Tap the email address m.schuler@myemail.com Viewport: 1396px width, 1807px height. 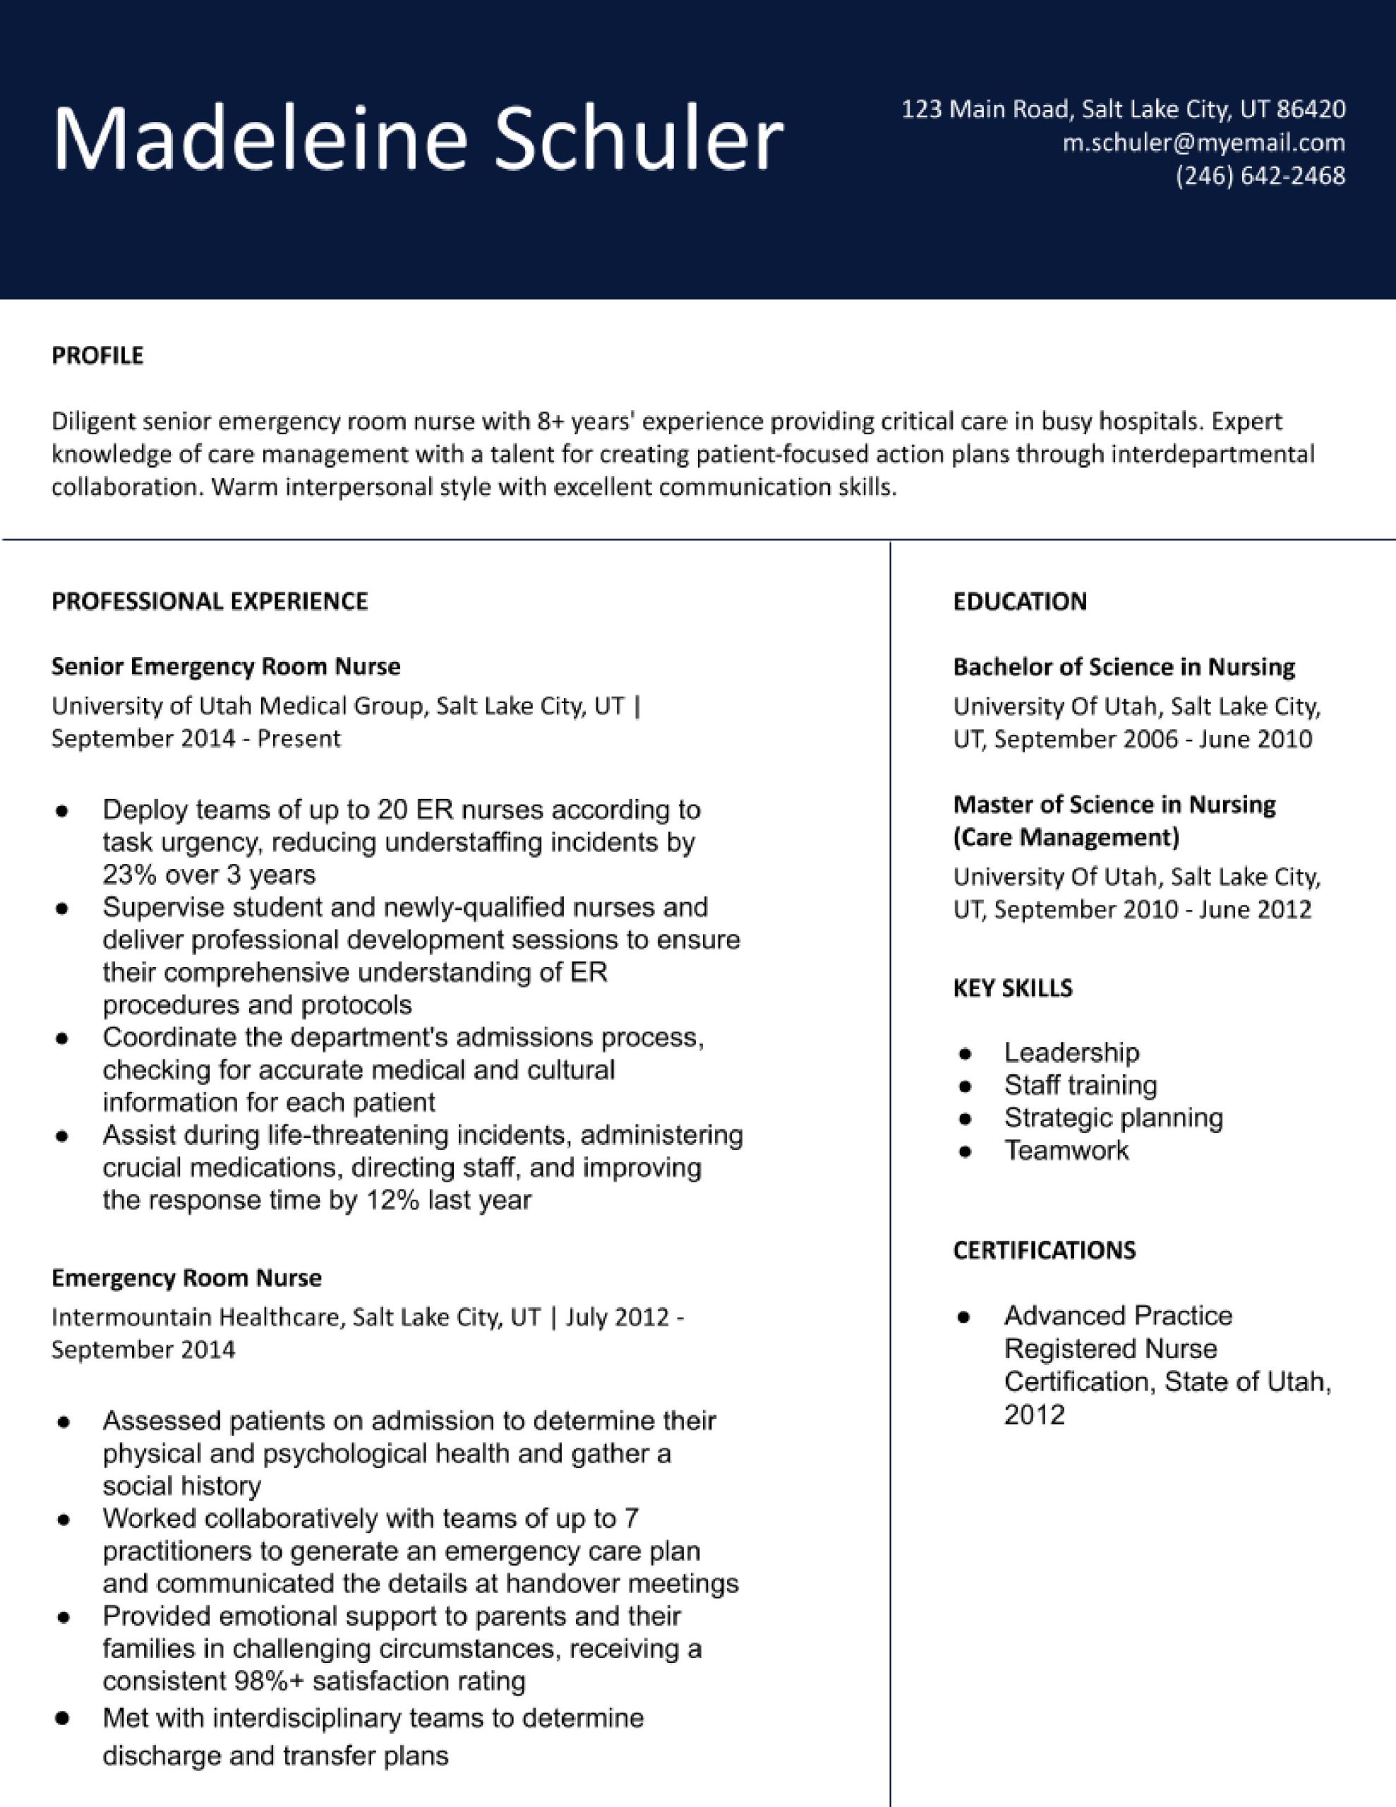(x=1203, y=143)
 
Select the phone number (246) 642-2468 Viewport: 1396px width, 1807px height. (x=1260, y=176)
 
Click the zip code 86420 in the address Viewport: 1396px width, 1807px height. (x=1311, y=109)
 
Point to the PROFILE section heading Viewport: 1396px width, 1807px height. (x=97, y=356)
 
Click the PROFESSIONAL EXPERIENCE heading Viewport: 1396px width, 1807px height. (x=210, y=601)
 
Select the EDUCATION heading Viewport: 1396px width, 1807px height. (x=1020, y=601)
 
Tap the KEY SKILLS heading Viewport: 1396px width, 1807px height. (x=1012, y=988)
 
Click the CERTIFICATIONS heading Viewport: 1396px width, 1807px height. (x=1044, y=1250)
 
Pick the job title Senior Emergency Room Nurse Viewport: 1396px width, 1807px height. (x=226, y=667)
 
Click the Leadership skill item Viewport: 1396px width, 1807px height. (x=1071, y=1052)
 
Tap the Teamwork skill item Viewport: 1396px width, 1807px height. (x=1066, y=1150)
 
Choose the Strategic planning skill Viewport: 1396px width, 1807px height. (x=1113, y=1118)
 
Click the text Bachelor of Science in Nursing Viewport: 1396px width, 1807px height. (x=1123, y=667)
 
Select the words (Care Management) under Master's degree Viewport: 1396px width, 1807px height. (x=1066, y=837)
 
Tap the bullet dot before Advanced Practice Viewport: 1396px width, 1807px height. (x=963, y=1317)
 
